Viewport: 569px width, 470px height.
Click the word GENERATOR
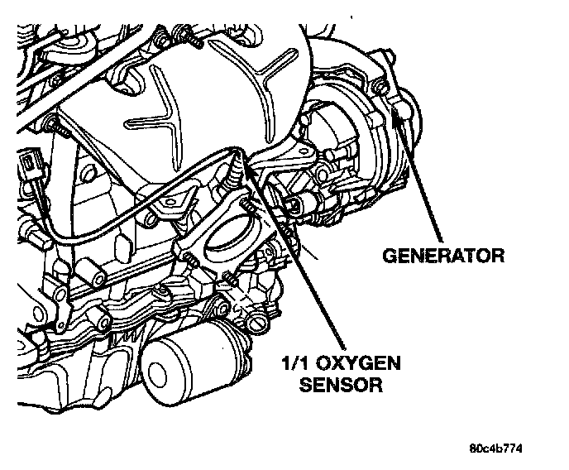point(442,254)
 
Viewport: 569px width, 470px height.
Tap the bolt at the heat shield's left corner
point(54,126)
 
